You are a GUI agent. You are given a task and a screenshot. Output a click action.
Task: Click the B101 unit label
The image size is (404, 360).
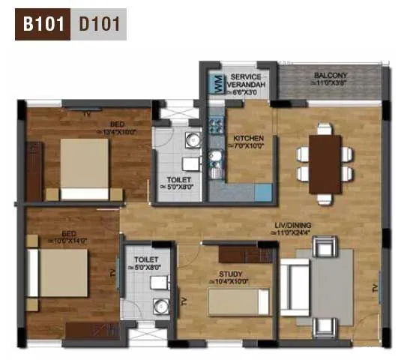[x=43, y=23]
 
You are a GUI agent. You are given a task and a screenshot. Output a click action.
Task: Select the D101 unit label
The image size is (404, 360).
[x=101, y=23]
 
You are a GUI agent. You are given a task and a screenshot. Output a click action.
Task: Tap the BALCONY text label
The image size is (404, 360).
[x=329, y=76]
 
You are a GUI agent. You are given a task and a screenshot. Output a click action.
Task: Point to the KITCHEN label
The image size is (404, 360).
[x=248, y=139]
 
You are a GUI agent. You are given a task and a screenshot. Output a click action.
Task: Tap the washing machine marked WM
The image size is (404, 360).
[x=213, y=83]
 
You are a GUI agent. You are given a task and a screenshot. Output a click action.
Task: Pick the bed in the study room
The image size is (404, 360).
[x=238, y=301]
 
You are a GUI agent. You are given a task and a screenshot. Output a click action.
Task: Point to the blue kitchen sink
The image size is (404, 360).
[x=262, y=192]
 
